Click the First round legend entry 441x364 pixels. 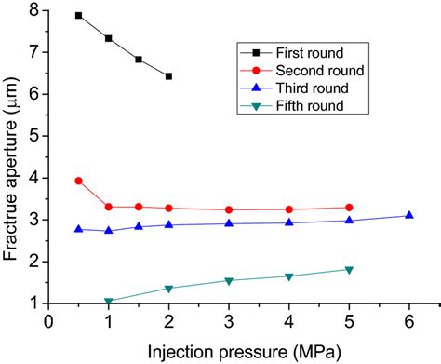coord(292,51)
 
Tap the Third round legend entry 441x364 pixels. coord(293,88)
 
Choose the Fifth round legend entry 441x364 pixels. coord(292,107)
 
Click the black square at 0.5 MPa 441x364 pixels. coord(79,16)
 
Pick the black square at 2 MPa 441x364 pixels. coord(168,76)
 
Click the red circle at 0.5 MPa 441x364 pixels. coord(79,181)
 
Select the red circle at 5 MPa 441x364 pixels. coord(349,208)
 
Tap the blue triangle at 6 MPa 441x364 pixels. coord(408,215)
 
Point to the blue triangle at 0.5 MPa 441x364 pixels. coord(79,228)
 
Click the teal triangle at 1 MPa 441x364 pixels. coord(109,302)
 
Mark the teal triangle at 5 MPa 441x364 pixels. coord(349,270)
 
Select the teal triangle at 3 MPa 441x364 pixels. coord(229,280)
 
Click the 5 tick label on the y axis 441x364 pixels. coord(35,136)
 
